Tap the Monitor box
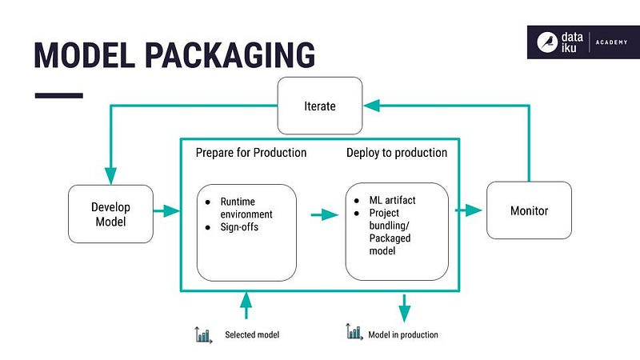[x=529, y=211]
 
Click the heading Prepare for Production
[x=250, y=152]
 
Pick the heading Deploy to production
[x=396, y=152]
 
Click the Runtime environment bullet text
[x=246, y=208]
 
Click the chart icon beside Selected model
[x=203, y=334]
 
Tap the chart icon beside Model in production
[x=354, y=332]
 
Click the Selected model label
[x=252, y=334]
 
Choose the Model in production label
[x=402, y=334]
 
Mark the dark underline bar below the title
[x=58, y=95]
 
